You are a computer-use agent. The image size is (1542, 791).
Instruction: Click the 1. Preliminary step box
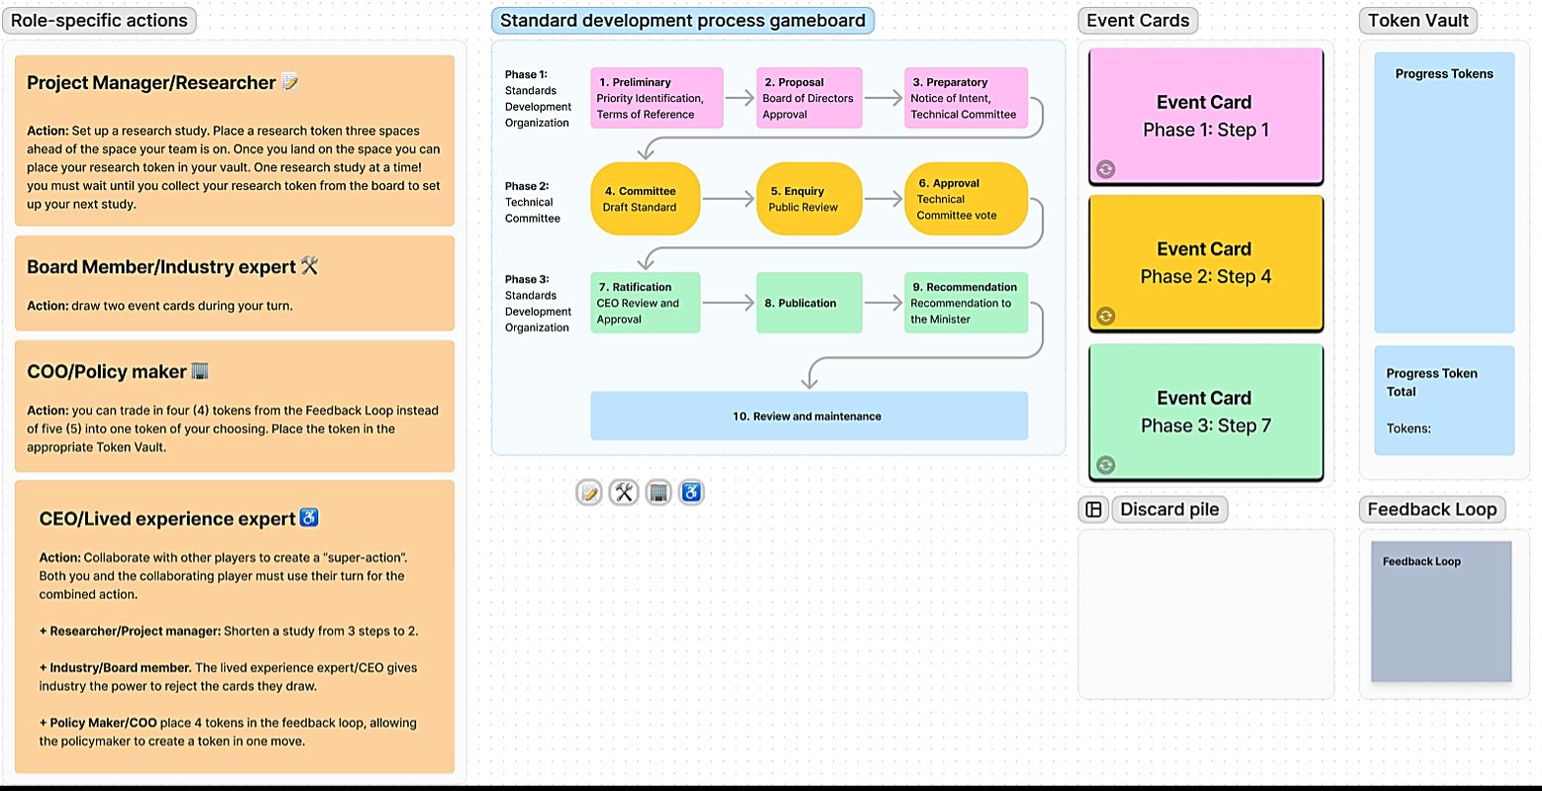[x=656, y=98]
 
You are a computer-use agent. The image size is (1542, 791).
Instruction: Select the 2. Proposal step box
[x=809, y=98]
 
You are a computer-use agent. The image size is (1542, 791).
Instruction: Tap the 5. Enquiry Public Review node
[x=809, y=199]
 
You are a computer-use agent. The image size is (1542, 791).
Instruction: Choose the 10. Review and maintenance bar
[x=809, y=416]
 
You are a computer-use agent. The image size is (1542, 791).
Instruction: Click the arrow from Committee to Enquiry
[x=728, y=200]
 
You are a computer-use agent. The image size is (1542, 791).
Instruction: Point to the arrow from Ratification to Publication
[x=728, y=304]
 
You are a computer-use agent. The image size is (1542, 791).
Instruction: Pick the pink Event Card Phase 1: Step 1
[x=1205, y=116]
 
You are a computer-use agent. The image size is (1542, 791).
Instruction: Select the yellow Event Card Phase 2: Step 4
[x=1205, y=263]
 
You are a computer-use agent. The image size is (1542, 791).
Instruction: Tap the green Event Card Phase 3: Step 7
[x=1205, y=411]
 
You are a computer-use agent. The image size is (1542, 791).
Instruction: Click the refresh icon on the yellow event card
[x=1106, y=316]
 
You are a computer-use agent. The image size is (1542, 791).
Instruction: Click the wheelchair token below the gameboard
[x=692, y=491]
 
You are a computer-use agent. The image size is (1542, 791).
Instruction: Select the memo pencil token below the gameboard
[x=589, y=491]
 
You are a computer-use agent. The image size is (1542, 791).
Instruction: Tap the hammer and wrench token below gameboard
[x=624, y=491]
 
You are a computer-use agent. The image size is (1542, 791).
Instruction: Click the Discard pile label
[x=1169, y=509]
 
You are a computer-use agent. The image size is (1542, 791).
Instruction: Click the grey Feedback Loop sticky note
[x=1441, y=611]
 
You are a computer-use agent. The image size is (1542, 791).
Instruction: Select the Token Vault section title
[x=1417, y=21]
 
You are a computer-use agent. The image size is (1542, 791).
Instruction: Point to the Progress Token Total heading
[x=1431, y=382]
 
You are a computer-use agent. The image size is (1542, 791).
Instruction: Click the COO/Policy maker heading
[x=107, y=372]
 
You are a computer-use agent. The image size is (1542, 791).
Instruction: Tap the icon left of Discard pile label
[x=1093, y=509]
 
